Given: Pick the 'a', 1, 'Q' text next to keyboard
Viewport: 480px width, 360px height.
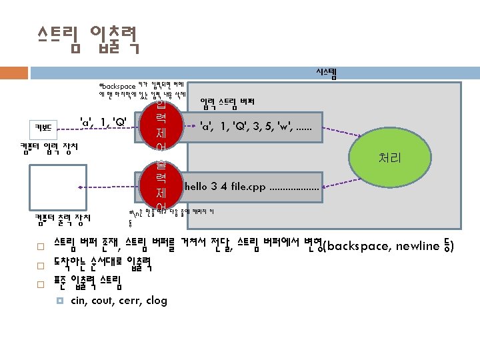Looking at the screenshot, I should point(103,122).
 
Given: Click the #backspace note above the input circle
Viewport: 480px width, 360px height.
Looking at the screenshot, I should point(144,89).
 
